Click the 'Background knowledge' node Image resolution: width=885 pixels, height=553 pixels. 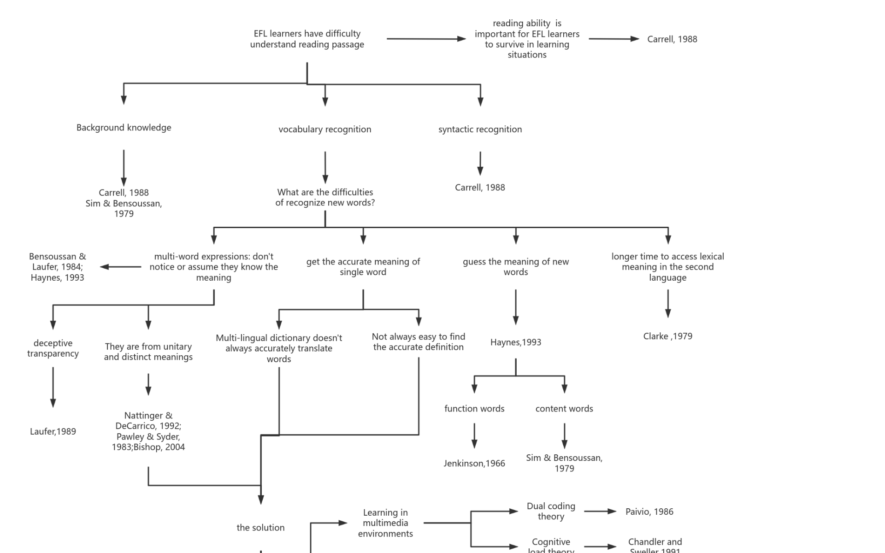[124, 128]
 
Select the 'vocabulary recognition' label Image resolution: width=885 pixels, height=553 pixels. [324, 129]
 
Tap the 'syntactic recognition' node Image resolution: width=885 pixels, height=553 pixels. [480, 129]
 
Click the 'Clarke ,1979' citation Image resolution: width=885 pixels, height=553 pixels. [667, 336]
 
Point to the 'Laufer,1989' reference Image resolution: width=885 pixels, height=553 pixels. [53, 432]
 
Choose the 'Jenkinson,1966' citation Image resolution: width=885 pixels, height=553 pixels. [474, 464]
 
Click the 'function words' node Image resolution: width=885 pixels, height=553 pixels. [474, 409]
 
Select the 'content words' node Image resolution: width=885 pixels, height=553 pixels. [564, 409]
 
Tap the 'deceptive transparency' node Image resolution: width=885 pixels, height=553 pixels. [53, 348]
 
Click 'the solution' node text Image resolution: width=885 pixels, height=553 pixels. [260, 528]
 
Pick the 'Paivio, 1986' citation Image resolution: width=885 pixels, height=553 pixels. [649, 512]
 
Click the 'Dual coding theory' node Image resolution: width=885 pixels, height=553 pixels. [551, 512]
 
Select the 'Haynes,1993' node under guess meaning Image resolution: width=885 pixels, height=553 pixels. [515, 342]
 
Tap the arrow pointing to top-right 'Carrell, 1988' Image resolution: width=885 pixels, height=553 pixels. [614, 39]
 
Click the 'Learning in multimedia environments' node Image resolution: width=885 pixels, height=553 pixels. [385, 523]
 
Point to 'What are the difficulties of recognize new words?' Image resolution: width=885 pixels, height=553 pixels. [325, 197]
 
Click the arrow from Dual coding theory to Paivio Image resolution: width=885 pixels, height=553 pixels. [600, 512]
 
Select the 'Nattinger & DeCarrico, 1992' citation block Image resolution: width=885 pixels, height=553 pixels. [148, 431]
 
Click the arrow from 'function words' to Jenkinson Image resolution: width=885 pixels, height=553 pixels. [474, 435]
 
